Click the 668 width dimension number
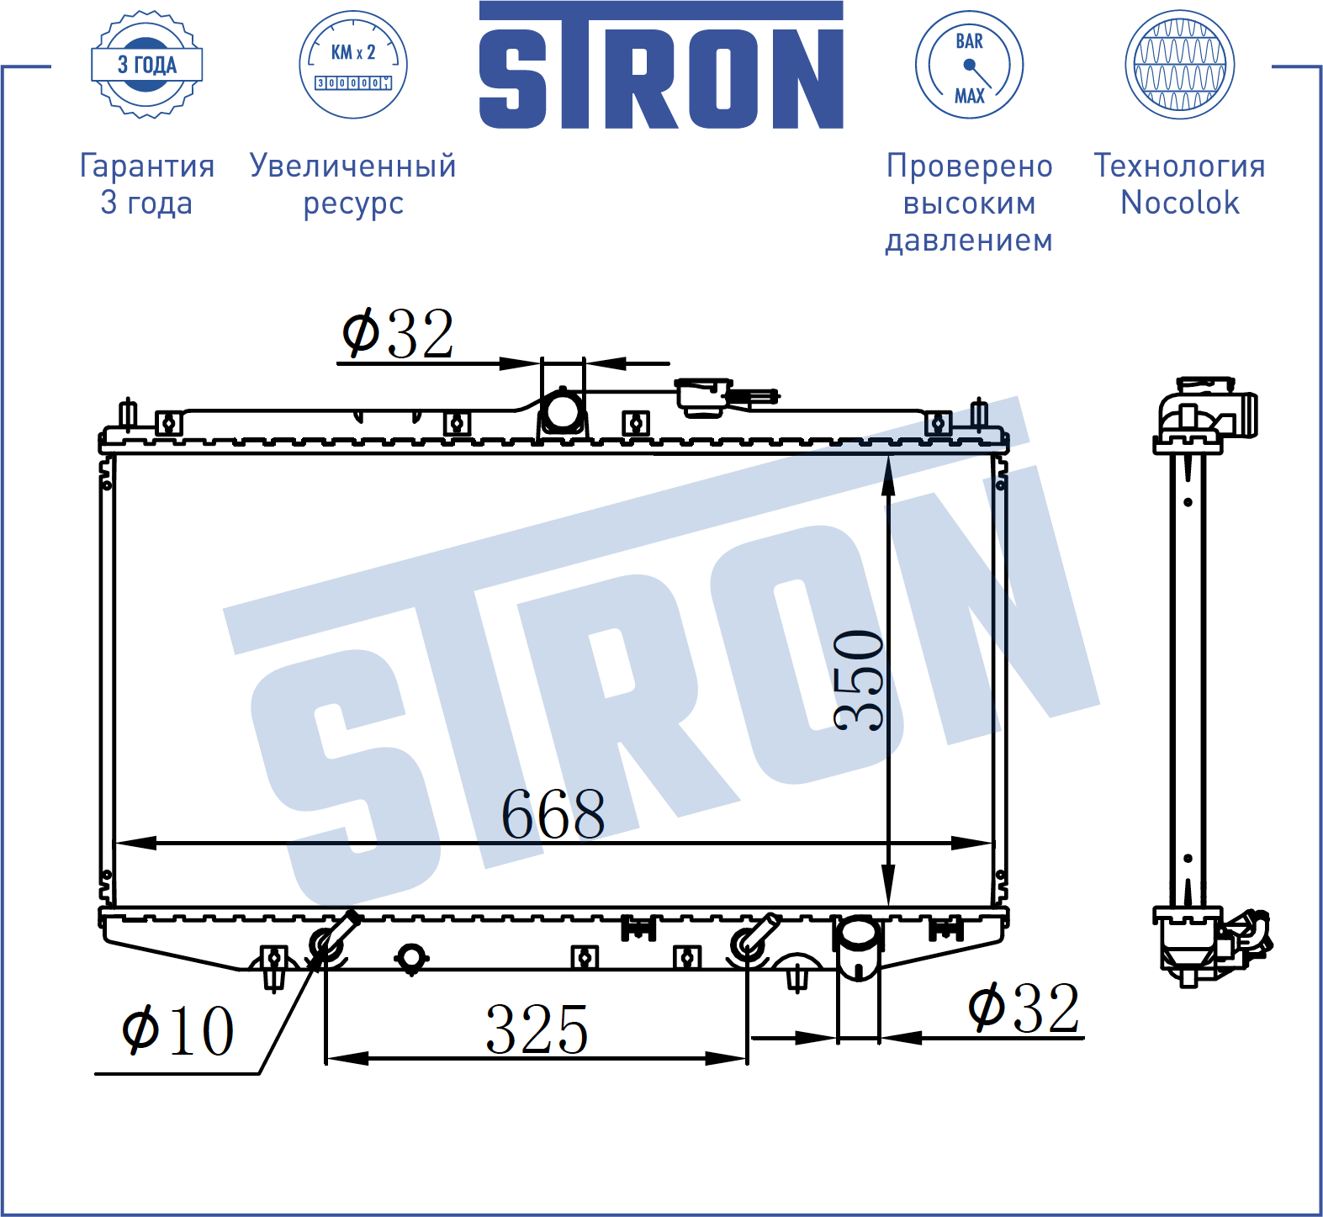553,814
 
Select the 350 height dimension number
859,680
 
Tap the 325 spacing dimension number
537,1029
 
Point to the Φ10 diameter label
177,1030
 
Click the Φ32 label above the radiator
398,334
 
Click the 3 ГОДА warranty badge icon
146,65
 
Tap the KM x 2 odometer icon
353,65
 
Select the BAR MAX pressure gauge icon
969,65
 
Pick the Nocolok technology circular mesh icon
1179,65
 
